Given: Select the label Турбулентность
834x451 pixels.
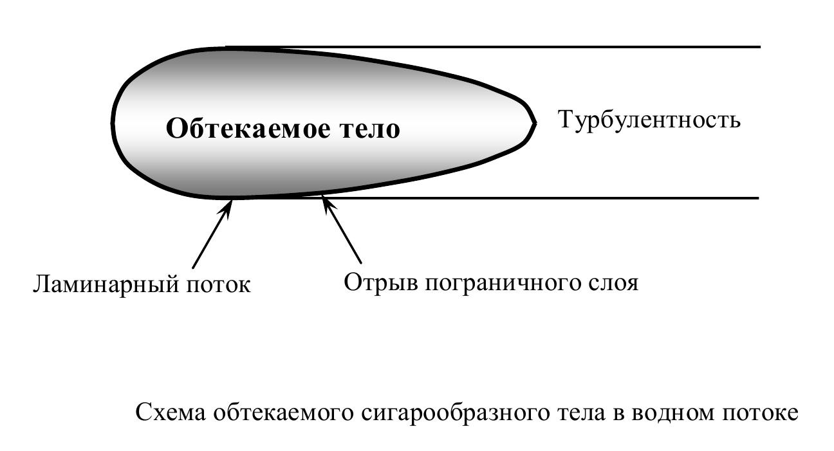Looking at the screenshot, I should click(x=649, y=120).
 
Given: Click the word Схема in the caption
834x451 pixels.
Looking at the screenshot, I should click(x=171, y=412).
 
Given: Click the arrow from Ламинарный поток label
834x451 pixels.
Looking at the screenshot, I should click(x=212, y=235).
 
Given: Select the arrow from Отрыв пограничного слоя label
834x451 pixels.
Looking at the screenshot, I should click(x=342, y=231).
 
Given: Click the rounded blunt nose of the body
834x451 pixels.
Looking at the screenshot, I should click(x=114, y=122).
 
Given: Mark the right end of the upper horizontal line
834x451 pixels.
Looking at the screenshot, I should click(x=760, y=47).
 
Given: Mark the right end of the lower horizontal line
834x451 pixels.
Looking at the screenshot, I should click(x=759, y=198).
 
